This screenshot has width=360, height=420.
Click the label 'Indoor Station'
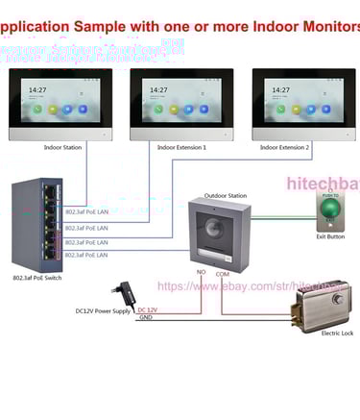[x=62, y=147]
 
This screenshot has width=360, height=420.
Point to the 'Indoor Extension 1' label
[x=182, y=147]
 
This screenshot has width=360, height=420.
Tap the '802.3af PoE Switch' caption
[x=37, y=278]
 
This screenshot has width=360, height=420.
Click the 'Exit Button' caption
[x=329, y=236]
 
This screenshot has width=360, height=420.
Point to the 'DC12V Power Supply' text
[x=104, y=310]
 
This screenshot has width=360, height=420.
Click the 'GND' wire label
[x=145, y=318]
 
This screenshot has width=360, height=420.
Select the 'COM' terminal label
[x=222, y=275]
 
